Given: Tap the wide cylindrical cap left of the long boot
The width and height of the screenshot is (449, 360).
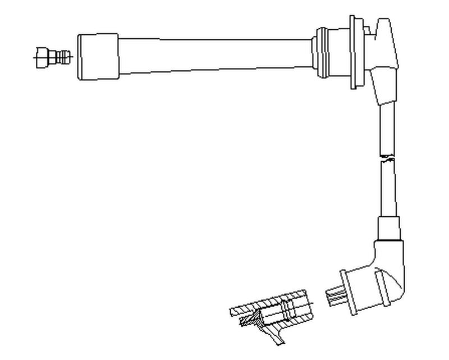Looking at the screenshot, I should tap(98, 57).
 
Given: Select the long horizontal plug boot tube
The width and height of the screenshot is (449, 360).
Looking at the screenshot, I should tap(213, 54).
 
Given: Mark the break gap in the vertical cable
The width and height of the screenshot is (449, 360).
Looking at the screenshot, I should tap(387, 157).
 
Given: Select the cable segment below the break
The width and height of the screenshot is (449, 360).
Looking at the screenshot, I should tap(388, 188).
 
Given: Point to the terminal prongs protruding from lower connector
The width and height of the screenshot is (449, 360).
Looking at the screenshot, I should tap(335, 297).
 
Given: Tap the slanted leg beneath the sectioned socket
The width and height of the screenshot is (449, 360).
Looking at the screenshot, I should tap(275, 335).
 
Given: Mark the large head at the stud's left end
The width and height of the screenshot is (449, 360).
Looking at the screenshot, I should tap(42, 57).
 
